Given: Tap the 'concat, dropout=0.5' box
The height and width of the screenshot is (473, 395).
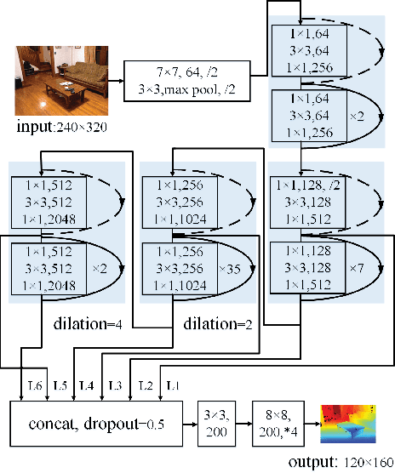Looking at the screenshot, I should [x=98, y=424].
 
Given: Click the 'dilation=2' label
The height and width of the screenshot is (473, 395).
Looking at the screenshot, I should [x=213, y=324].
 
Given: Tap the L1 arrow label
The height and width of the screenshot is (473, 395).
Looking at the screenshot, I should [x=173, y=386].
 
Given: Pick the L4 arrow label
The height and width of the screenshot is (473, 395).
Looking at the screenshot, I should [x=86, y=386].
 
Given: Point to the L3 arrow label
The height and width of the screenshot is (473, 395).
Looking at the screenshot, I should [x=115, y=386].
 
